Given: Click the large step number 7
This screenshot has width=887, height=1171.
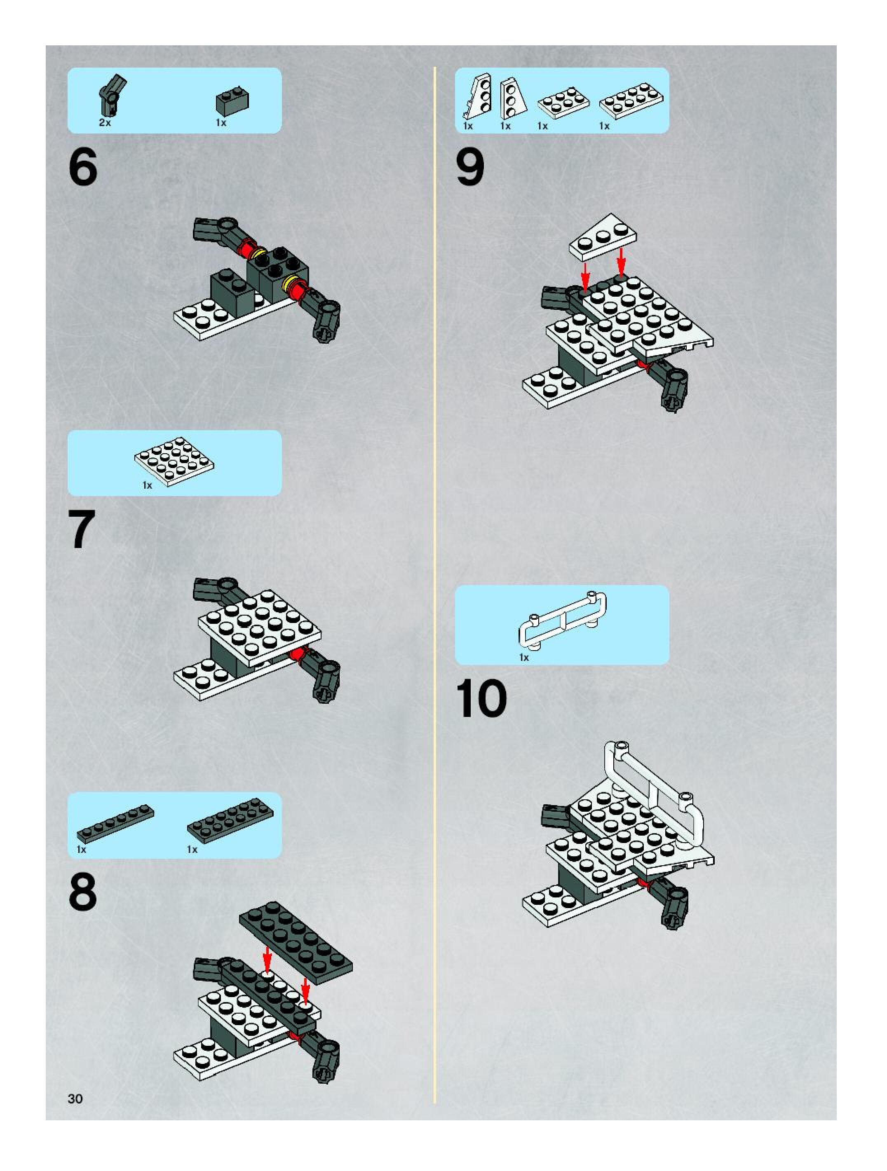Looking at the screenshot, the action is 82,529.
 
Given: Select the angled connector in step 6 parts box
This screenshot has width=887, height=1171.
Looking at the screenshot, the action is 112,96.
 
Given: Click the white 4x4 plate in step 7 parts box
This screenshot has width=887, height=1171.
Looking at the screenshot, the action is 174,461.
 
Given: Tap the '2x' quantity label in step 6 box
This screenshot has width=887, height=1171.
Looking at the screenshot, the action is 105,123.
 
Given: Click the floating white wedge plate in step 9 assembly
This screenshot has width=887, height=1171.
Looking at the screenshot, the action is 603,237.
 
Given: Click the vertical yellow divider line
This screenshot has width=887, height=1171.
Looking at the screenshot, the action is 435,585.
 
